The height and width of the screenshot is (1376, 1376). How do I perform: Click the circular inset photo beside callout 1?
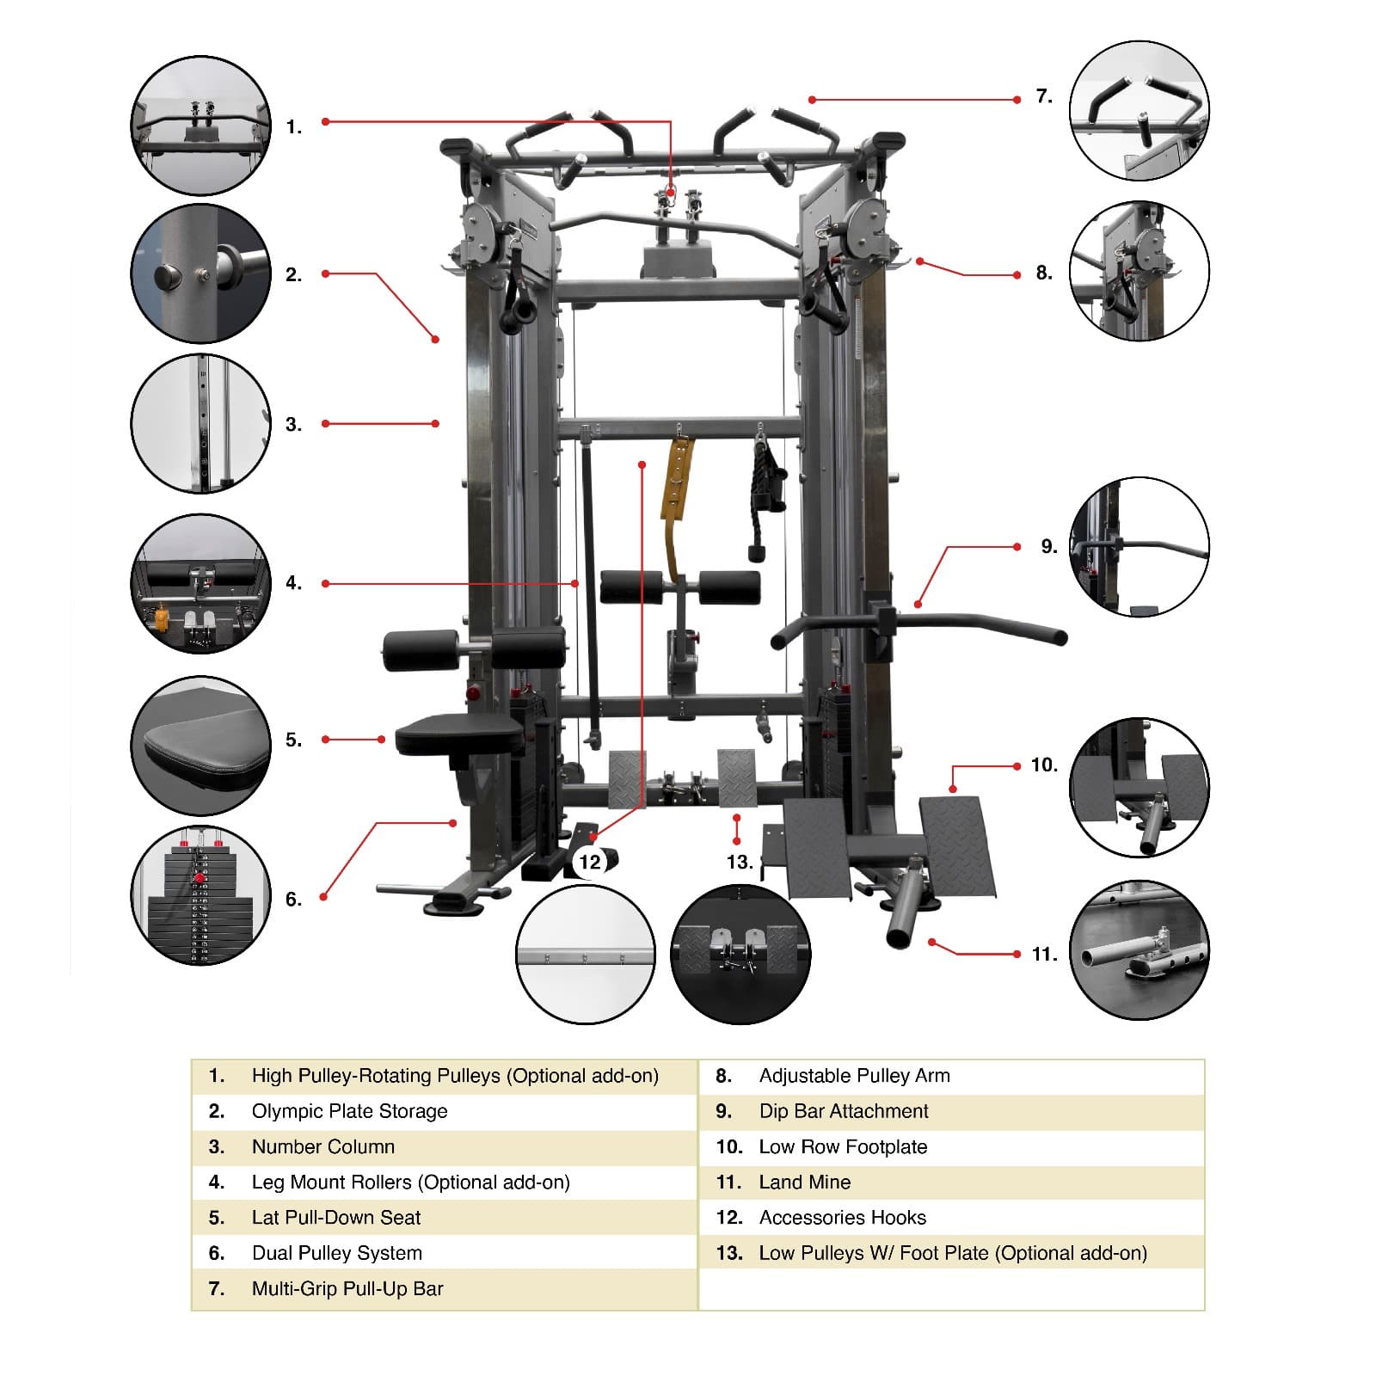point(200,126)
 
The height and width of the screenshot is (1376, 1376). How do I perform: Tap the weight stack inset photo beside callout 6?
point(200,895)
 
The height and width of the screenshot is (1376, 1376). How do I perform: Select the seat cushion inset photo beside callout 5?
point(200,746)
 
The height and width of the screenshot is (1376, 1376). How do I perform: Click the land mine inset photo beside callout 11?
point(1139,949)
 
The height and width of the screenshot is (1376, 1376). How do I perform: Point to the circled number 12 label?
point(590,862)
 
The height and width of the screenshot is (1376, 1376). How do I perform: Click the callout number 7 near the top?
point(1044,96)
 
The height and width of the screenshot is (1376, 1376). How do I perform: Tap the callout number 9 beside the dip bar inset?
point(1048,547)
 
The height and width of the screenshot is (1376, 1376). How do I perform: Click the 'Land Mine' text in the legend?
point(804,1182)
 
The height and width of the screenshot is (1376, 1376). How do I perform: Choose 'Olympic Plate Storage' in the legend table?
point(349,1111)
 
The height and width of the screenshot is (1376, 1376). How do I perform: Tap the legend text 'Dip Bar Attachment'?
point(843,1111)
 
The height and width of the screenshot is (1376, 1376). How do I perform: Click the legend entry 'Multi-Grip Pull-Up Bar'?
point(347,1288)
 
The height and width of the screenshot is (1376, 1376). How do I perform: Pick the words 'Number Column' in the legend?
point(323,1146)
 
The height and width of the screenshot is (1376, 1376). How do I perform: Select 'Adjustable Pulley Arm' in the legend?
point(854,1076)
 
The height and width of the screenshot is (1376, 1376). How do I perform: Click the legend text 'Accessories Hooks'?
point(842,1218)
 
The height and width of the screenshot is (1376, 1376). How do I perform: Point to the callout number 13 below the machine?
point(739,862)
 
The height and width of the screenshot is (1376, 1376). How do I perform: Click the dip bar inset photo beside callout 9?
point(1139,547)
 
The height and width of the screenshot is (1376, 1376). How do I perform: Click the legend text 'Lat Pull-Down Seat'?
point(336,1218)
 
